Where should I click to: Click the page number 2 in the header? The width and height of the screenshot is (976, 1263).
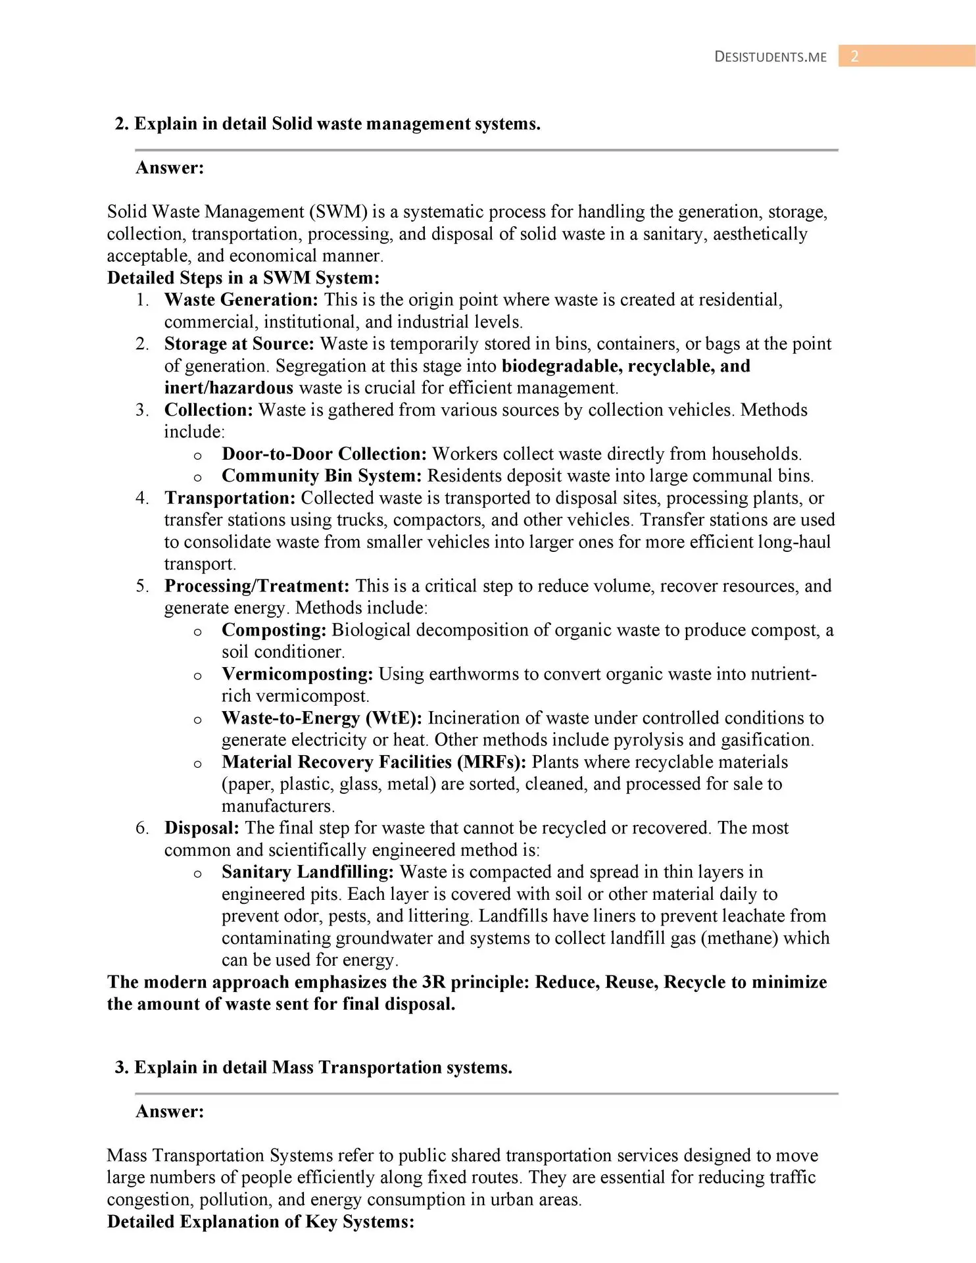point(854,57)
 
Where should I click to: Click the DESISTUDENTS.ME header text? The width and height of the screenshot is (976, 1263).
point(770,57)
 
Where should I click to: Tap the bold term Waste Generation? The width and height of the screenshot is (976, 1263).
point(241,300)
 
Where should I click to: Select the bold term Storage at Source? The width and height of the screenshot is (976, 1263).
point(239,344)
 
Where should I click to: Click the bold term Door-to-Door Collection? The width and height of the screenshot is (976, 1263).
point(324,454)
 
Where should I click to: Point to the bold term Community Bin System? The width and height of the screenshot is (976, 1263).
point(322,476)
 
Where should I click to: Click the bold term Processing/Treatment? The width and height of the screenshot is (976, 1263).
point(256,586)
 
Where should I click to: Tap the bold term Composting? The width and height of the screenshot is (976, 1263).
point(274,630)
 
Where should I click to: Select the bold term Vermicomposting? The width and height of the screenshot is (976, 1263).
point(297,674)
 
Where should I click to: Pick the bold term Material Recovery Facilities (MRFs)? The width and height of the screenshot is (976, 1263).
point(374,762)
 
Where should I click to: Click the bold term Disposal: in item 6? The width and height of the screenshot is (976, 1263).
point(201,828)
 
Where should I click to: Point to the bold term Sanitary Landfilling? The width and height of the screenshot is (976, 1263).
point(308,872)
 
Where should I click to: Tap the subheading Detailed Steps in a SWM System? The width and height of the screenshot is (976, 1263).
point(243,278)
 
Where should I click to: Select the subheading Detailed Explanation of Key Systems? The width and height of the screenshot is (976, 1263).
point(260,1222)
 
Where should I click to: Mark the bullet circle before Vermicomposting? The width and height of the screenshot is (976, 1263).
point(197,676)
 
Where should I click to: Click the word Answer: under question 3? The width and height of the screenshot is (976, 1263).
point(170,1112)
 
